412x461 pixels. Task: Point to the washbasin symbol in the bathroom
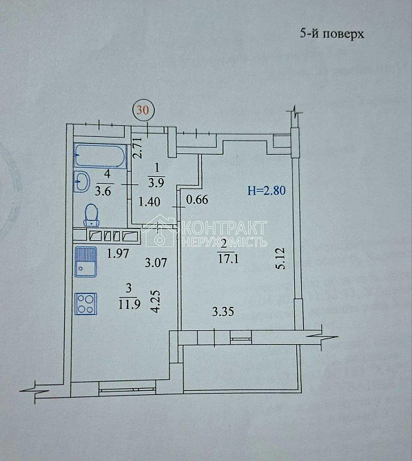click(x=82, y=182)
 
